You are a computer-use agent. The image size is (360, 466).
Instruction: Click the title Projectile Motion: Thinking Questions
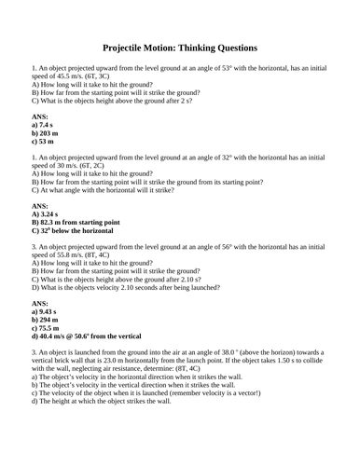coord(179,48)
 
